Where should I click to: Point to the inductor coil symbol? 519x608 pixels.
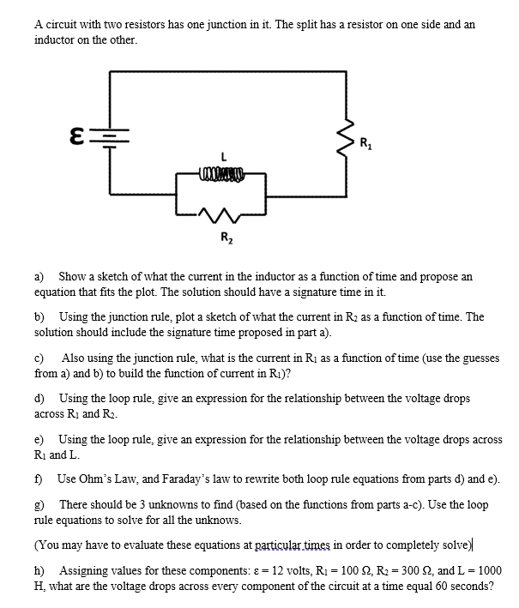coord(222,178)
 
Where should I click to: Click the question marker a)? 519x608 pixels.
coord(39,277)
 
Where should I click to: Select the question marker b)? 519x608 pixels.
coord(39,316)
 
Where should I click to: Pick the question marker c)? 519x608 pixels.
coord(39,357)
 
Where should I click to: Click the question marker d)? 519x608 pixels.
coord(39,398)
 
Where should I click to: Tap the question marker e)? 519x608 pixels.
coord(39,438)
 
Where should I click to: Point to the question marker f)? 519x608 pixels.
coord(39,479)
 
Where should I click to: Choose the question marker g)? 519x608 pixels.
coord(39,505)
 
